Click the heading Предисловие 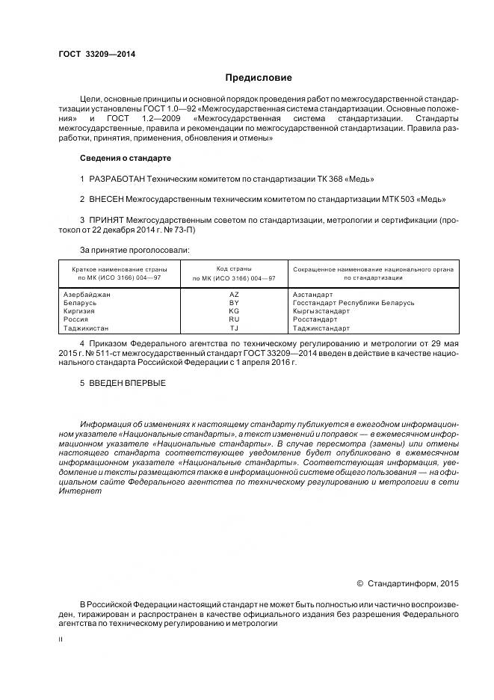tap(259, 78)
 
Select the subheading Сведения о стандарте tap(125, 158)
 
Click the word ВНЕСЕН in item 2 tap(109, 200)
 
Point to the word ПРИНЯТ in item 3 tap(108, 220)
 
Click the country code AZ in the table tap(234, 295)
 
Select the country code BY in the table tap(234, 303)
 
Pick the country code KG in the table tap(234, 311)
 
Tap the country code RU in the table tap(234, 319)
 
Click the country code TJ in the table tap(234, 328)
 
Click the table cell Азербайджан tap(88, 295)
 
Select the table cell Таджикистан tap(87, 328)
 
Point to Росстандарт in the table tap(317, 319)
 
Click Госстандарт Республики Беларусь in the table tap(353, 303)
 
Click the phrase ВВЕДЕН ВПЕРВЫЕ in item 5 tap(126, 384)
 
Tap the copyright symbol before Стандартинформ tap(359, 582)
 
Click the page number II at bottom tap(61, 639)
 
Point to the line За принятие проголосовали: tap(135, 249)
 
